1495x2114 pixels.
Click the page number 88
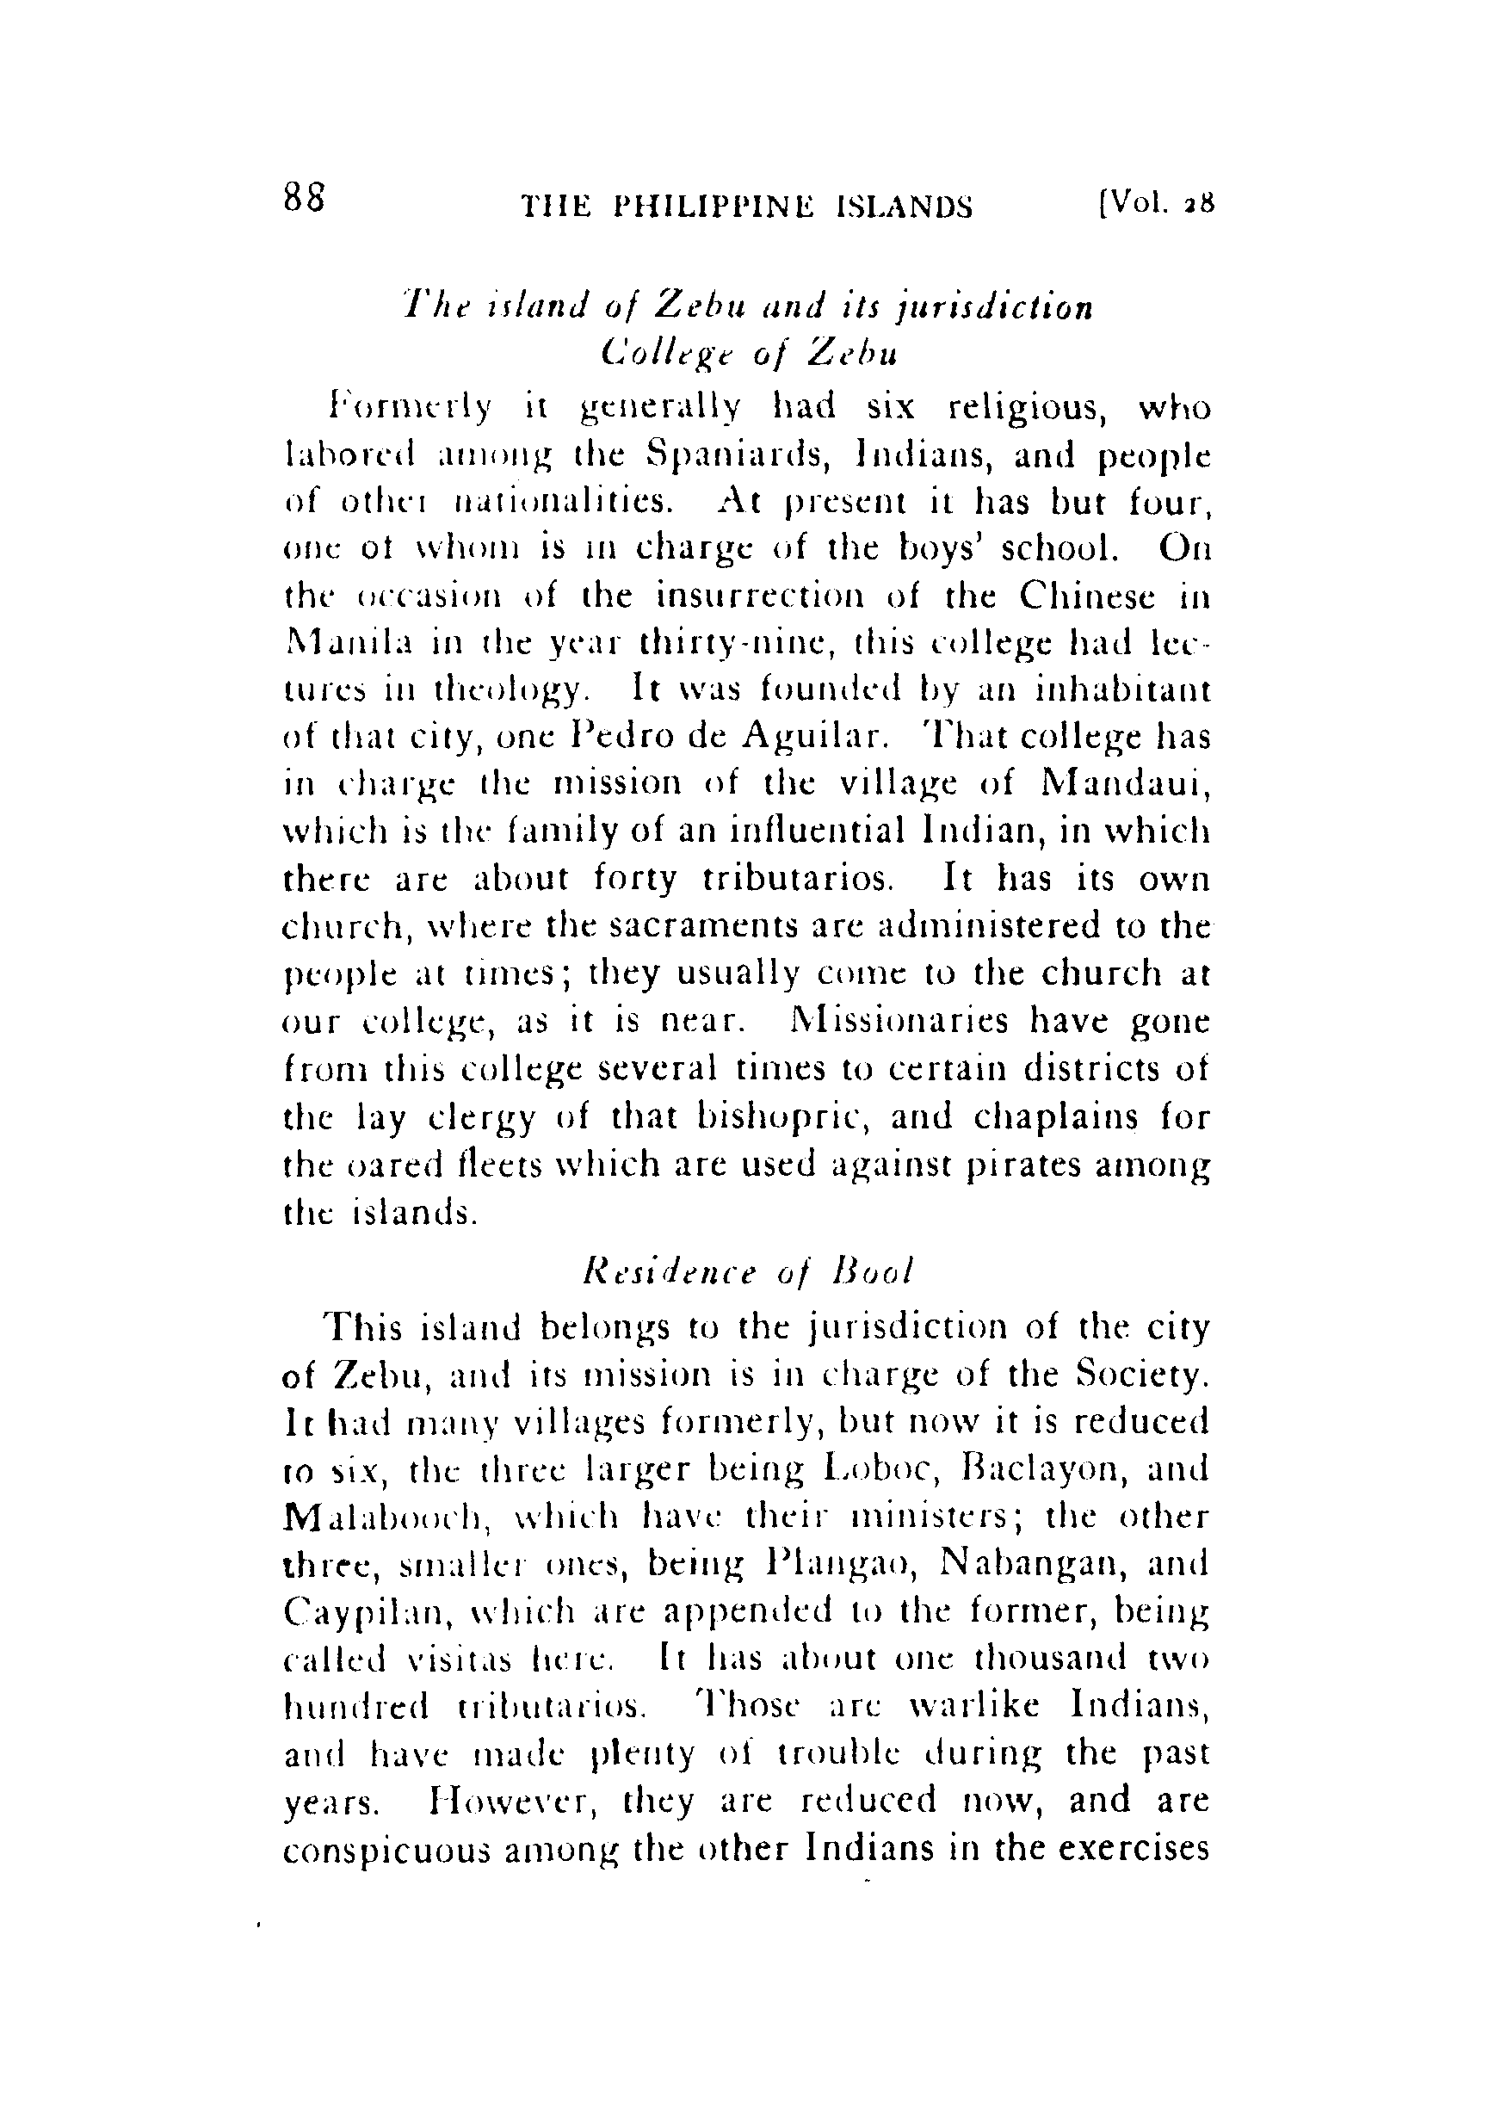[x=304, y=197]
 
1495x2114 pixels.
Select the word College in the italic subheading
[x=658, y=355]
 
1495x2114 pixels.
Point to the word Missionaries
[x=891, y=1021]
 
